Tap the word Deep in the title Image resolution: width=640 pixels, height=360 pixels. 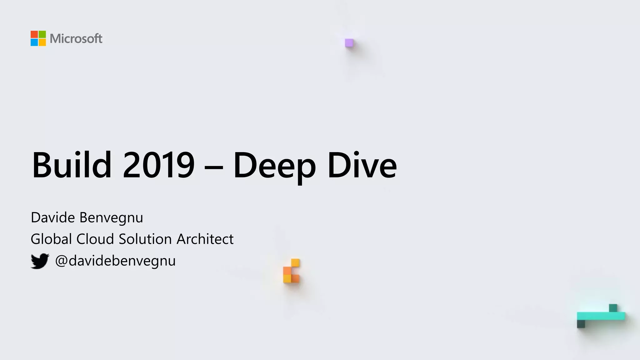274,166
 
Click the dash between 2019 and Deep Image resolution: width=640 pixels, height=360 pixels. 214,168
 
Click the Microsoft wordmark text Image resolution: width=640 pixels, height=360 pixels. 76,39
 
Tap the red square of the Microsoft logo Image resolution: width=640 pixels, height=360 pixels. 34,34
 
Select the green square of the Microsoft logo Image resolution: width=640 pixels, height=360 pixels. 42,34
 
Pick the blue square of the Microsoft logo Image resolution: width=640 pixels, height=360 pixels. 34,42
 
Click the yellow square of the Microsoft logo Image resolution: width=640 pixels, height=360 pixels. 42,42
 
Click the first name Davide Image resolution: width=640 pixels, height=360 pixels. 53,217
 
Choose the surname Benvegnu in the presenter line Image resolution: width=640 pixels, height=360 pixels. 111,218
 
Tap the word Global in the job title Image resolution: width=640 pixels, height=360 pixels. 51,239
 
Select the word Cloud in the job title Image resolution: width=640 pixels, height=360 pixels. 95,239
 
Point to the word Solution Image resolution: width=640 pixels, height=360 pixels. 145,239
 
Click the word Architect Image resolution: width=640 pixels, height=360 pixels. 205,239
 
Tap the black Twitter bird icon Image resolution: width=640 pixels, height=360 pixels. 40,261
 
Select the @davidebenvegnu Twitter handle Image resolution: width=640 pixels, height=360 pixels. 115,261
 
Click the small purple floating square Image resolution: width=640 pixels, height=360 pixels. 349,43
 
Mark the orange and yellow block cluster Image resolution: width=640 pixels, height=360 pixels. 291,271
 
